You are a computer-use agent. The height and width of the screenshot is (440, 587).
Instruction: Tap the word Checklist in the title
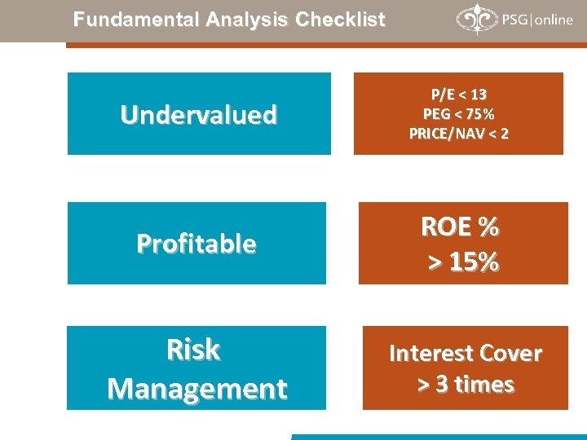(341, 20)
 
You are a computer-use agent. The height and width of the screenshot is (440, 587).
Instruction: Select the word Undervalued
(198, 115)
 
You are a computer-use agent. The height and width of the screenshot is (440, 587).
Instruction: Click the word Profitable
(196, 244)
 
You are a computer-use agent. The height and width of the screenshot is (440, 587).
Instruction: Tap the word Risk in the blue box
(193, 350)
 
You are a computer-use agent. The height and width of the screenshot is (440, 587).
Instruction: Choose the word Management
(196, 389)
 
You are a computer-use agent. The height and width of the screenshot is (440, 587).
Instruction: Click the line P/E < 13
(458, 95)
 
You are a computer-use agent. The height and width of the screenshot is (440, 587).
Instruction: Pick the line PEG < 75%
(458, 114)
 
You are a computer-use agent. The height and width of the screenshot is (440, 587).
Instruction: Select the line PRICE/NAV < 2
(458, 134)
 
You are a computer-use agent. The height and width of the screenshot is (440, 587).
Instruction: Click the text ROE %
(460, 227)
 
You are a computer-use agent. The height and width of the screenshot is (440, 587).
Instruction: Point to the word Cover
(511, 354)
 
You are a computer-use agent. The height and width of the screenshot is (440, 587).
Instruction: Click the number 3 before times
(442, 384)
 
